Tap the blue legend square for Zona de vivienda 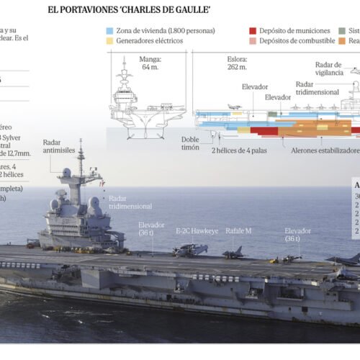pos(109,31)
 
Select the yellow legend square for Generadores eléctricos pos(109,41)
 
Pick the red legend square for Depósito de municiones pos(253,31)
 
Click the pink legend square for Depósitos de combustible pos(253,41)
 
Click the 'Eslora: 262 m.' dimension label pos(238,63)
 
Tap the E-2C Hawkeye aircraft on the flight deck pos(190,249)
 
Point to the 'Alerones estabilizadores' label pos(325,151)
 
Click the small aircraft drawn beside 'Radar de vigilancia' pos(354,71)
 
